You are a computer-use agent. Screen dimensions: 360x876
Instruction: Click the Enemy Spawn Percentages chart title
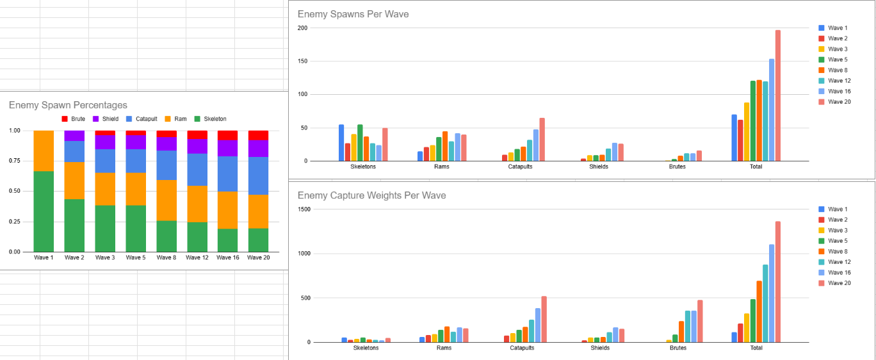coord(68,105)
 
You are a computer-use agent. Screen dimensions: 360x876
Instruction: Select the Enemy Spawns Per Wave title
coord(353,14)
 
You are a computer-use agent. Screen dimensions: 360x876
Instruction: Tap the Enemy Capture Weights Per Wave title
coord(371,195)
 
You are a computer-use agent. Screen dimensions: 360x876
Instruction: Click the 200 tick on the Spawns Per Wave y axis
coord(302,28)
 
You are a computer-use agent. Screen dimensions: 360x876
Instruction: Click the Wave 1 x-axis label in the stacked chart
coord(44,258)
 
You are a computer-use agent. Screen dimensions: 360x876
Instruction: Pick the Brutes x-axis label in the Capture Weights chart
coord(677,348)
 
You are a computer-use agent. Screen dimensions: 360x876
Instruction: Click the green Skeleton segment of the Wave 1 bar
coord(44,211)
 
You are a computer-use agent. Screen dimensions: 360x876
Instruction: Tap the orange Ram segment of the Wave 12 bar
coord(197,204)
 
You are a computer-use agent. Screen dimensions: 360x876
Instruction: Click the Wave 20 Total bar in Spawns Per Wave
coord(778,96)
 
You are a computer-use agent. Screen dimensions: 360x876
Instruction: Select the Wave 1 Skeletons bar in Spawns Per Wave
coord(341,143)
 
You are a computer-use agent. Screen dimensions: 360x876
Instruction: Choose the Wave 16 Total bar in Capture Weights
coord(772,293)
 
